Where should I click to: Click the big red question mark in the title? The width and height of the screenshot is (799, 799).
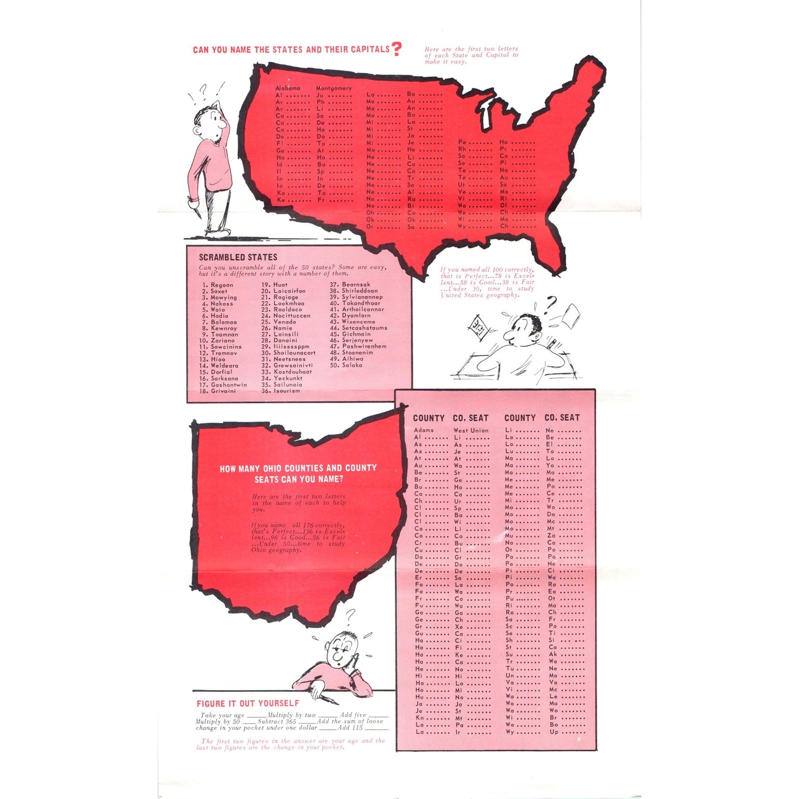tap(396, 49)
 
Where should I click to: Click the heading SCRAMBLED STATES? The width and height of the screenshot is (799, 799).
tap(238, 257)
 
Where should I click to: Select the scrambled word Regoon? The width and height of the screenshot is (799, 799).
tap(222, 285)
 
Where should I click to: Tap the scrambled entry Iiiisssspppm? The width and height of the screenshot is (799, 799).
tap(291, 347)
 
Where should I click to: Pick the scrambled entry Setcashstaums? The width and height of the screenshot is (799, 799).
tap(364, 328)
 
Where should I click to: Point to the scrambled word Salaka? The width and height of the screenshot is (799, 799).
tap(352, 365)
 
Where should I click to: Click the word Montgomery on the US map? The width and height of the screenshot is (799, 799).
tap(333, 88)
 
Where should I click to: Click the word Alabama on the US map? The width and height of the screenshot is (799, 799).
tap(288, 88)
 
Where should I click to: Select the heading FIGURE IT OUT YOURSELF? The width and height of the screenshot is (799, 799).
tap(248, 703)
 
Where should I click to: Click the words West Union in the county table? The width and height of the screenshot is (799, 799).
tap(471, 430)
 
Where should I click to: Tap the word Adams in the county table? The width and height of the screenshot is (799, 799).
tap(424, 430)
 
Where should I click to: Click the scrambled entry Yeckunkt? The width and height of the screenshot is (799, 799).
tap(288, 378)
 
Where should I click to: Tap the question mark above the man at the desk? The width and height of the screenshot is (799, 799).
tap(550, 303)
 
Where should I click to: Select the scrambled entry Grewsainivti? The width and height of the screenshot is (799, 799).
tap(293, 365)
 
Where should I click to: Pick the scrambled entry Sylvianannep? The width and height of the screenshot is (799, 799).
tap(362, 297)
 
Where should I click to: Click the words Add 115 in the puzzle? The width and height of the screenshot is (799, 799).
tap(350, 728)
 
